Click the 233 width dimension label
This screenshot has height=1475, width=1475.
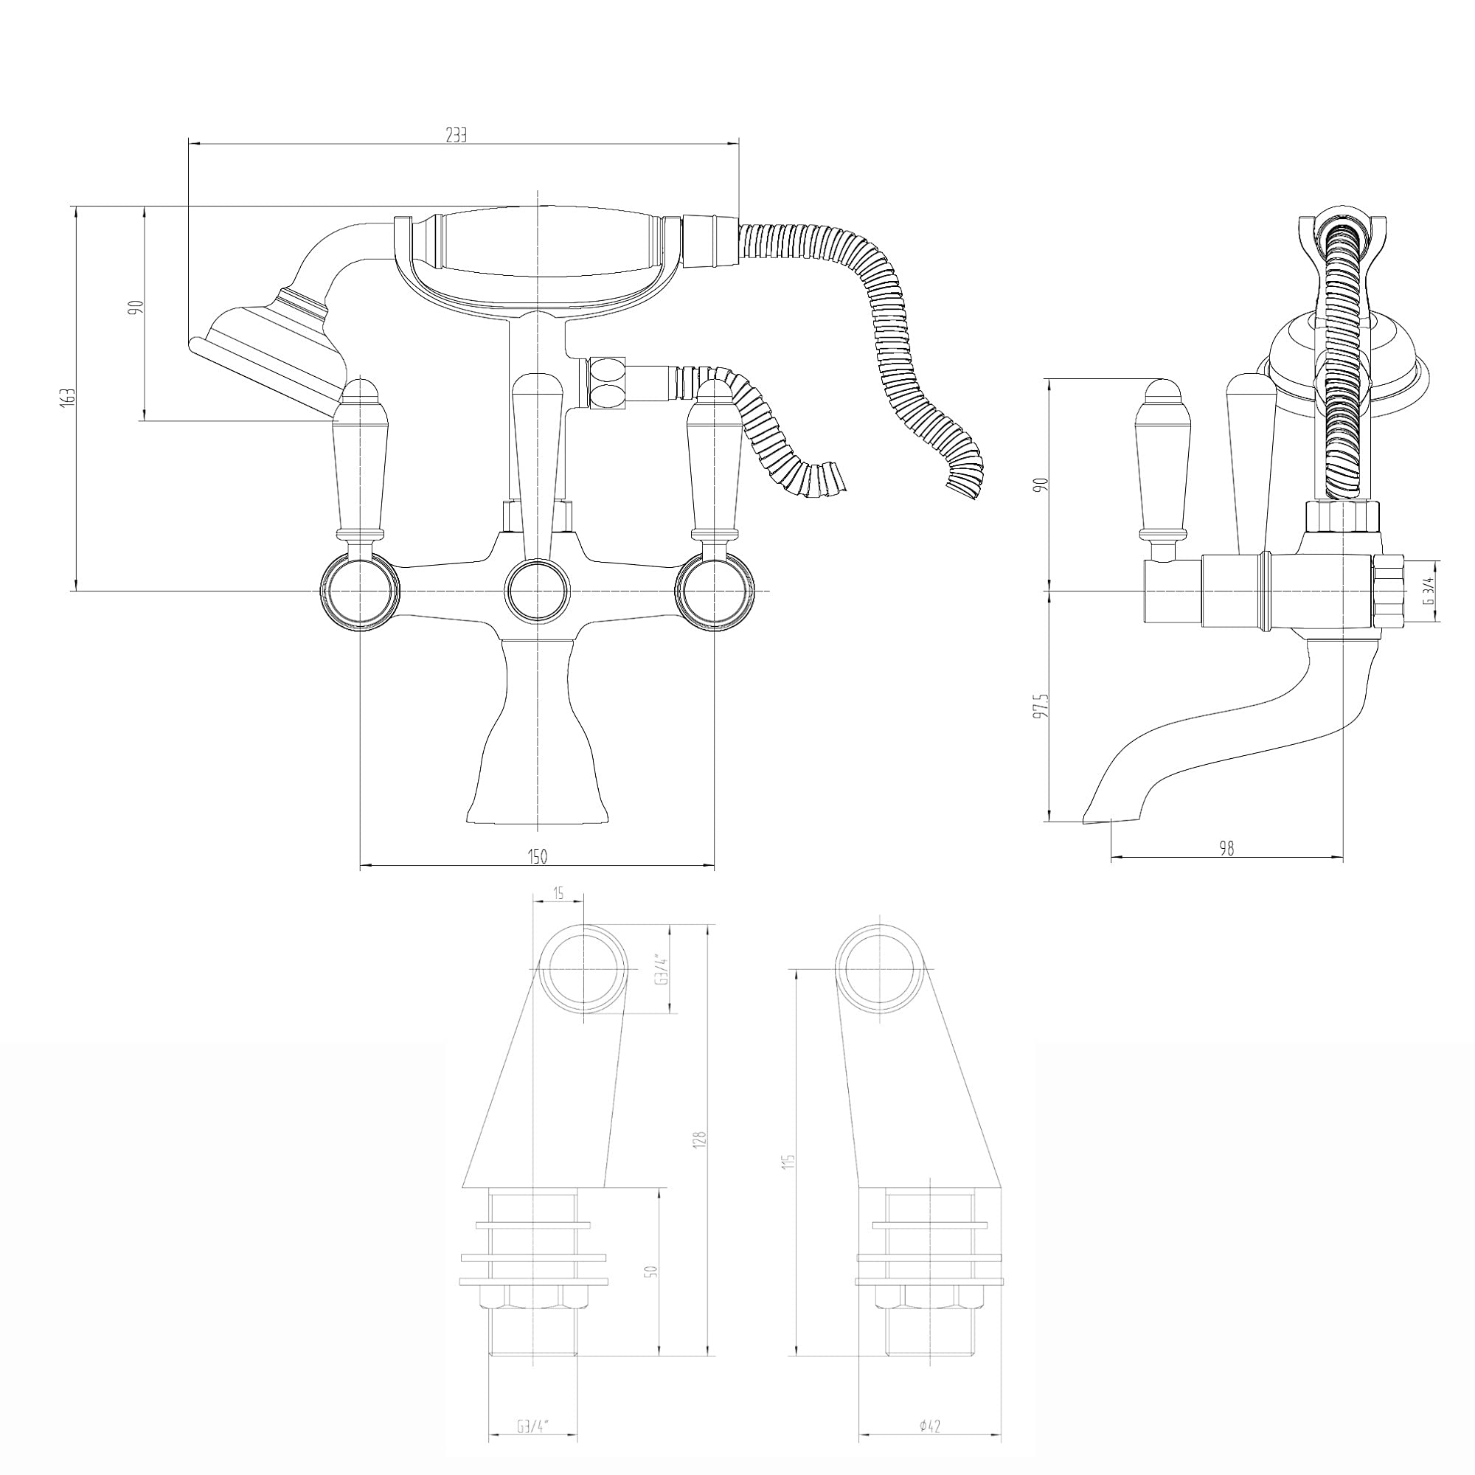click(x=456, y=135)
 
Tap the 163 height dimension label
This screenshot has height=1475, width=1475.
click(x=69, y=398)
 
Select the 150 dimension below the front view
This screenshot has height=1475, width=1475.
click(x=538, y=856)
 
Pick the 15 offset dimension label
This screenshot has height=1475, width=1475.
click(x=558, y=894)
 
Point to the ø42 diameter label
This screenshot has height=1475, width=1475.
click(x=930, y=1404)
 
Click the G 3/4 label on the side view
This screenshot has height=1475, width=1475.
click(x=1429, y=591)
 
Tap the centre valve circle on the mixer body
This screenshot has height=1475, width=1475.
click(x=538, y=590)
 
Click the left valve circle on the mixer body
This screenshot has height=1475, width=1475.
click(x=360, y=591)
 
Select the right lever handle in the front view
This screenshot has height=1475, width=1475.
click(x=715, y=464)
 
